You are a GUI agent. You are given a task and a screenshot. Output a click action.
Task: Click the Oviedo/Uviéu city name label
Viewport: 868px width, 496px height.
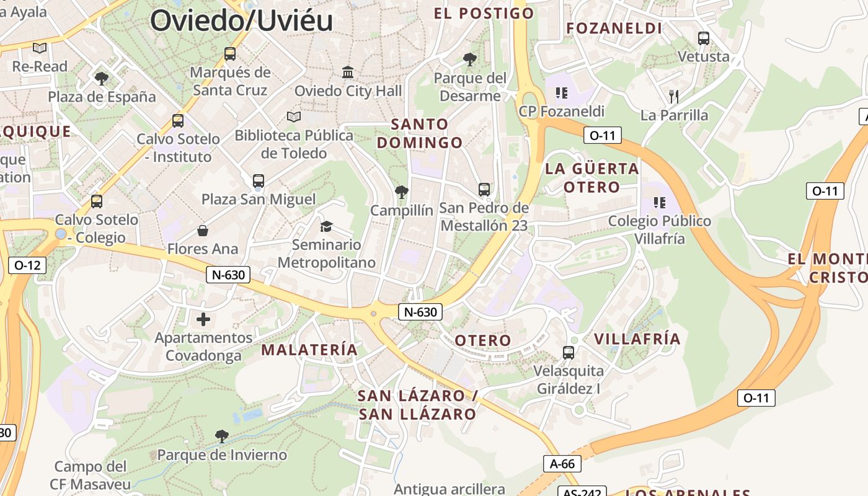pos(241,20)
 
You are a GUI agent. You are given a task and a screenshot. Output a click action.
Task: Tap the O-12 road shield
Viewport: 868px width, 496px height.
pos(27,265)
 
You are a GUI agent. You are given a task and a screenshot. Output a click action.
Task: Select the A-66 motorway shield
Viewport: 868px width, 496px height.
pos(562,463)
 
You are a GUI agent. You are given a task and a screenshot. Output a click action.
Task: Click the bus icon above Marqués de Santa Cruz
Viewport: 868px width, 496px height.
pos(230,54)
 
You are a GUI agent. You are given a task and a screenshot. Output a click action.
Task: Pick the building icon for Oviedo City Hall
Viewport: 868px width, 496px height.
pos(348,73)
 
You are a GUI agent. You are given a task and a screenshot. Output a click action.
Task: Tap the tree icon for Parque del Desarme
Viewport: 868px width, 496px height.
pos(470,60)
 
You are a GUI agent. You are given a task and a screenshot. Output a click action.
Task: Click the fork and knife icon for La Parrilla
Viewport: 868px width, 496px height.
pos(674,96)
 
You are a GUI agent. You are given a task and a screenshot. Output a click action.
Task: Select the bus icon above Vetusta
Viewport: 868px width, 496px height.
pos(703,38)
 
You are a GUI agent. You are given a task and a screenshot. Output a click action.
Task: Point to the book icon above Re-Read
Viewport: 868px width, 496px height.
pos(40,48)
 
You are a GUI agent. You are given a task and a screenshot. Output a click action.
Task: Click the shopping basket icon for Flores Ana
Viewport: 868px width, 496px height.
pos(203,231)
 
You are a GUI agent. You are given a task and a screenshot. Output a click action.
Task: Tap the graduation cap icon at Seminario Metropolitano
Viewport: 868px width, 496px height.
pos(326,226)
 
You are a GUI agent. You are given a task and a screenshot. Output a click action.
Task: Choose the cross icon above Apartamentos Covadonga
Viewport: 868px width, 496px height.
pos(203,319)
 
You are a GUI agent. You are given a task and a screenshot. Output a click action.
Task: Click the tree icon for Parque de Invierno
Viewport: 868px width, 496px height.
pos(221,436)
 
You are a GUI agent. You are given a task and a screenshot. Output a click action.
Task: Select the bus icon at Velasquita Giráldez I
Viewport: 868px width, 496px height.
pos(568,353)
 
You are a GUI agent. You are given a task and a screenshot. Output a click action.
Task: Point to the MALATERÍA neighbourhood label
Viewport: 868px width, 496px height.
pos(309,350)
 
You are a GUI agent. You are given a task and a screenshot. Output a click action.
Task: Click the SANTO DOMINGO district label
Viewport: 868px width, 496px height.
pos(420,133)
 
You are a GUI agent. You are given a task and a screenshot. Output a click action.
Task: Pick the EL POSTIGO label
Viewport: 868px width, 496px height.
pos(484,13)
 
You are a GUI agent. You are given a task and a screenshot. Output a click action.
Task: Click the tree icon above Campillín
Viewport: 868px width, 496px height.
pos(402,192)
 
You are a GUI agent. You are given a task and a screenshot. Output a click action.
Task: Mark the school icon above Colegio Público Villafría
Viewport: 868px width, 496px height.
pos(659,203)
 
